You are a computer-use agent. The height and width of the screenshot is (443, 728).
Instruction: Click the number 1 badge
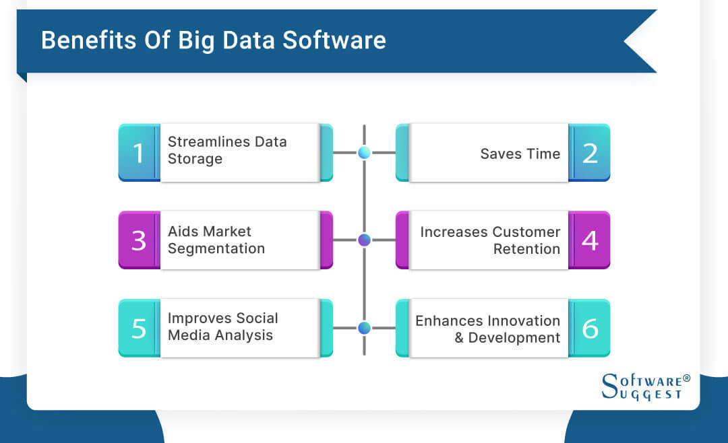(x=139, y=152)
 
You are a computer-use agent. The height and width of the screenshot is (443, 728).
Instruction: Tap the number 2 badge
(x=590, y=152)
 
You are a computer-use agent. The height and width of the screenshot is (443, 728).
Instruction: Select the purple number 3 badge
(x=139, y=240)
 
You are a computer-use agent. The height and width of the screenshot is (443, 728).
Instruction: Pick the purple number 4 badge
(x=590, y=240)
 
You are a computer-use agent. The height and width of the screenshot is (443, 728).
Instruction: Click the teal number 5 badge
(x=139, y=328)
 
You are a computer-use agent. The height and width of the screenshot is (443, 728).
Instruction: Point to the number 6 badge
(x=590, y=328)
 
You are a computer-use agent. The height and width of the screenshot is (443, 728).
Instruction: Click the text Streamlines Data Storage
(x=227, y=150)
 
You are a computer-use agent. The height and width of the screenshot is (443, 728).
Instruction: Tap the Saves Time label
(x=520, y=154)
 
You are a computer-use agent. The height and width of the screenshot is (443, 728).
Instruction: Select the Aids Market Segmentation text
(x=216, y=240)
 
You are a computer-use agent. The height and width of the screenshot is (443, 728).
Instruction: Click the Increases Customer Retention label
(x=490, y=240)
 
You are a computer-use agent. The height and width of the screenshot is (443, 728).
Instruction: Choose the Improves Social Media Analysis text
(x=222, y=327)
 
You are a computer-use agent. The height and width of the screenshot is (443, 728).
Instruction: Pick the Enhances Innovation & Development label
(x=488, y=329)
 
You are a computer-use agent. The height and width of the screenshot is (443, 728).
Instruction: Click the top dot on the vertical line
(x=364, y=153)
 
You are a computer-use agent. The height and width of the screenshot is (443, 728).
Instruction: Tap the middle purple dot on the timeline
(x=364, y=240)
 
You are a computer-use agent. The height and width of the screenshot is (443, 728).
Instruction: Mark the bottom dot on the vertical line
(x=364, y=328)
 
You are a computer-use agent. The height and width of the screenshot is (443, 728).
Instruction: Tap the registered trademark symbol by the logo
(x=687, y=378)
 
